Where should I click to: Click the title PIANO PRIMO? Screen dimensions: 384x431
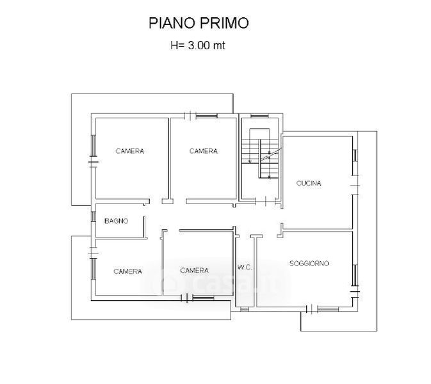coord(199,23)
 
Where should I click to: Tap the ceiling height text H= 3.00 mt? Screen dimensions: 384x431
coord(197,45)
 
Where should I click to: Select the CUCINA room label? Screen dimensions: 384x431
coord(309,184)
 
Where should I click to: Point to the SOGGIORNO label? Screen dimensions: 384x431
coord(309,263)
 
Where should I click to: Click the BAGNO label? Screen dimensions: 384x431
coord(116,221)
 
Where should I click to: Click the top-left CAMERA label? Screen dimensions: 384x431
coord(129,151)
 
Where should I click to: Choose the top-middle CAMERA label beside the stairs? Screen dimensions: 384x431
coord(203,151)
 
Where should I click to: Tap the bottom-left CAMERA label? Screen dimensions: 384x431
coord(127,271)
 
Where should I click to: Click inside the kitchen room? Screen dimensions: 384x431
coord(317,205)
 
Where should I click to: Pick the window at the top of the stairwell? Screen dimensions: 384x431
coord(259,116)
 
